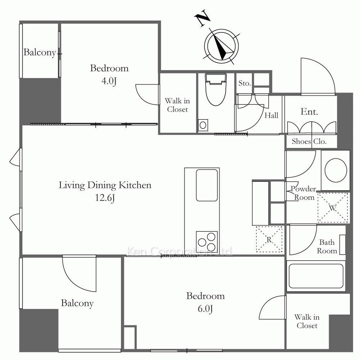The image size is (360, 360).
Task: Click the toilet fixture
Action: tap(216, 90)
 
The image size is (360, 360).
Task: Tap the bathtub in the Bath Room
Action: tap(316, 276)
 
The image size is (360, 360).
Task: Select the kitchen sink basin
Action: tap(207, 185)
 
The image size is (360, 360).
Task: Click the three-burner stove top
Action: tap(207, 242)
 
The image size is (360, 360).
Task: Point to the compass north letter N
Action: tap(202, 19)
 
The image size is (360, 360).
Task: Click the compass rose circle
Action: tap(221, 46)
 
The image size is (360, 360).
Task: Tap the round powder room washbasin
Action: tap(336, 170)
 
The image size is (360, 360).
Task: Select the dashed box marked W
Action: tap(333, 208)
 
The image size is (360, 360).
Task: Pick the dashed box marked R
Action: tap(269, 239)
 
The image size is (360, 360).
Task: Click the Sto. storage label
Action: tap(244, 83)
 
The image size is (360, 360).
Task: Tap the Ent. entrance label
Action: tap(309, 112)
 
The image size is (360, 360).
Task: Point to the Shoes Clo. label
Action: tap(309, 141)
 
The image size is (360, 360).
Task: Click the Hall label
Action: tap(271, 115)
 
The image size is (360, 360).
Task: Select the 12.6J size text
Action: tap(105, 198)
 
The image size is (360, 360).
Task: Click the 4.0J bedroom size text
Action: tap(109, 81)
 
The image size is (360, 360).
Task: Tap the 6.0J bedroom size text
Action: tap(205, 309)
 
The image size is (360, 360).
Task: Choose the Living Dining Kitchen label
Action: tap(105, 185)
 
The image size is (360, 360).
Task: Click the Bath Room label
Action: tap(327, 247)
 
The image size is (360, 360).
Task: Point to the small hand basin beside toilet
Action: tap(203, 125)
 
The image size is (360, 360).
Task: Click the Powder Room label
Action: tap(303, 193)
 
